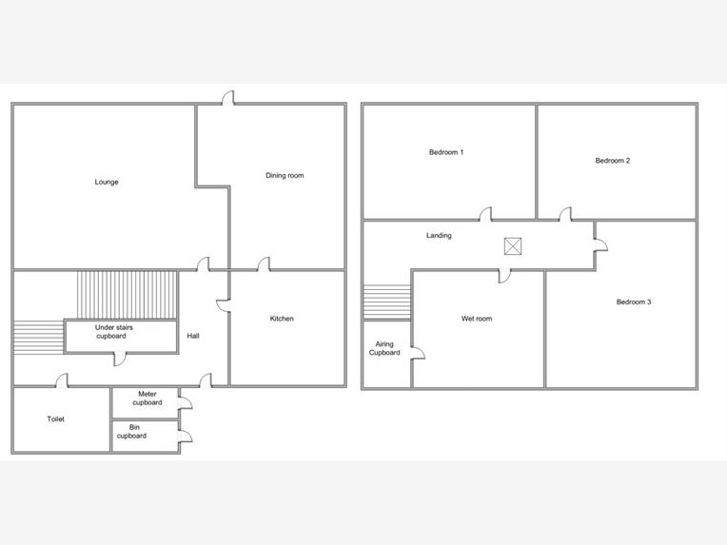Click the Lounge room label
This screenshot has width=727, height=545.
pos(107,182)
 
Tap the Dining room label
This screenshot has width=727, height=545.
pos(285,175)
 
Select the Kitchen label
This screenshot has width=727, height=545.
pos(282,319)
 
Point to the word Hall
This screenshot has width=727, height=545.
pos(193,336)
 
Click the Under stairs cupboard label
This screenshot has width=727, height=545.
pos(113,331)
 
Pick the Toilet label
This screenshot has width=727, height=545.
pos(55,418)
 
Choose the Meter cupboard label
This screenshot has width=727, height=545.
pos(147,399)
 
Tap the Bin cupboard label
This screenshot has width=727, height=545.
pos(132,432)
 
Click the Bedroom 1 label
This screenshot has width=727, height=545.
pos(446,152)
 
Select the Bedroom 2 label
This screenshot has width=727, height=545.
pos(613,161)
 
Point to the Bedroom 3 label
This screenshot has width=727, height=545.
pos(634,302)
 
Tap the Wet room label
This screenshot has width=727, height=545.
pos(477,319)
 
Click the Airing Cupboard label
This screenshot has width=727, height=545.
pos(384,348)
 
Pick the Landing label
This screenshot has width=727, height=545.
pos(439,236)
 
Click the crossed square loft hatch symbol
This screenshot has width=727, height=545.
pos(513,246)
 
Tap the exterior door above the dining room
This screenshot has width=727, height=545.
pos(228,98)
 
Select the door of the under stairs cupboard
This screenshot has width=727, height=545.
pos(120,360)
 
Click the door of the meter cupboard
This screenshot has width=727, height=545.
pos(186,402)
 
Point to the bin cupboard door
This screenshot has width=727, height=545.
pos(186,436)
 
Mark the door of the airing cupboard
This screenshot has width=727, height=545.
pos(418,353)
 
